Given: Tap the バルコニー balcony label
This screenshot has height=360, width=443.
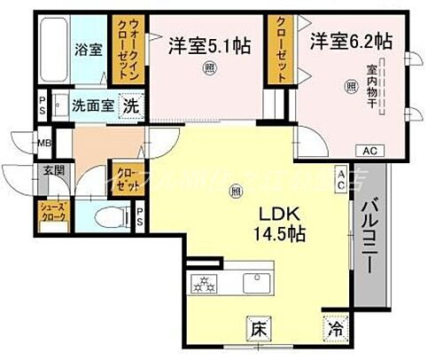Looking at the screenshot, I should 371,226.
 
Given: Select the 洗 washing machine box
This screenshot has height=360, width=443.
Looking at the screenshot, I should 130,105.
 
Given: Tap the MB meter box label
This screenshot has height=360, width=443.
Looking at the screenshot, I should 43,139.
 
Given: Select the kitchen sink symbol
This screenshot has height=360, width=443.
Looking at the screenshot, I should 258,284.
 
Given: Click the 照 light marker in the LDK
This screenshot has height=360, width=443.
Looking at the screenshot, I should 235,189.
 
